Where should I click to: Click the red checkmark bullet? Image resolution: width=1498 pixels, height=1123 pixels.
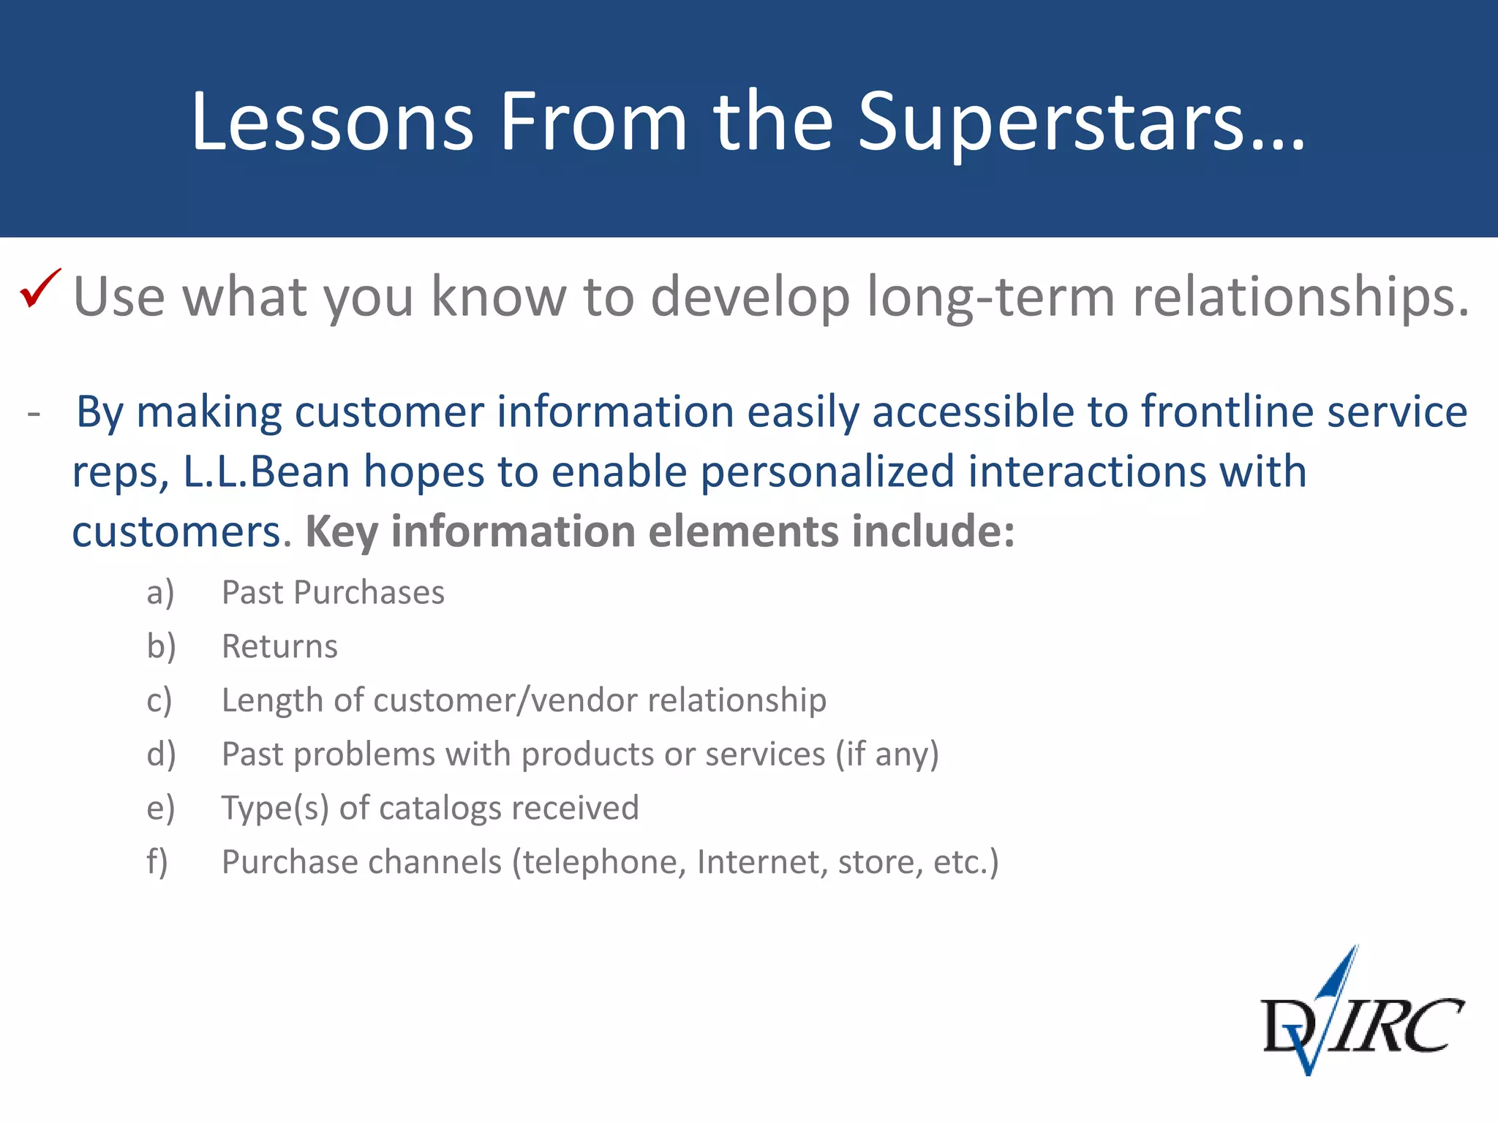(x=39, y=289)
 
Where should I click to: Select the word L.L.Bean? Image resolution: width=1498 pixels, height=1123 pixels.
(x=266, y=472)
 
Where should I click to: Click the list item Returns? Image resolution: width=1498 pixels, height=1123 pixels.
(x=279, y=647)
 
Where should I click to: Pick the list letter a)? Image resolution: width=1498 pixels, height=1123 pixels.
(x=160, y=593)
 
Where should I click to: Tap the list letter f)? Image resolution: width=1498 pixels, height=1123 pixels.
(x=157, y=863)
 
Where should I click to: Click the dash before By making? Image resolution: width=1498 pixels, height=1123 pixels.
(x=34, y=414)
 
